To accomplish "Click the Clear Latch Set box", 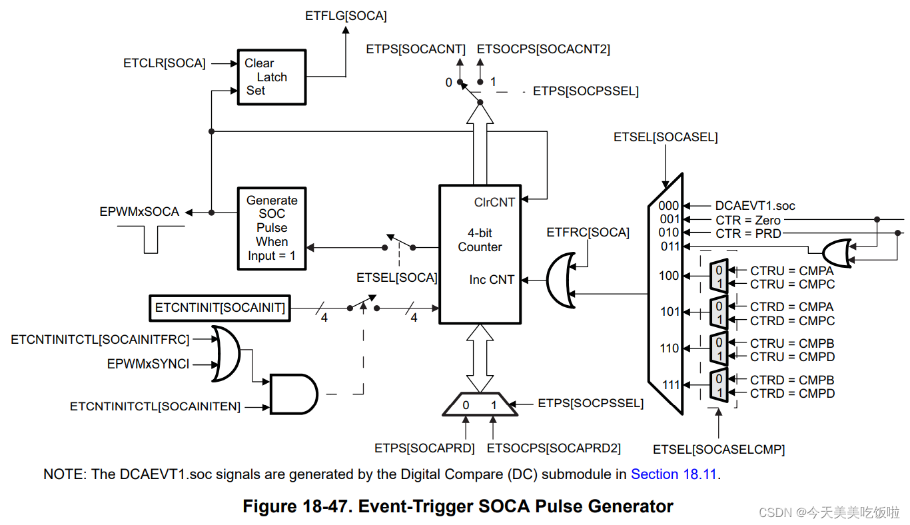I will tap(272, 77).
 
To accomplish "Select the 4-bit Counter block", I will tap(479, 255).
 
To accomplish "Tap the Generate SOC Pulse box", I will tap(272, 228).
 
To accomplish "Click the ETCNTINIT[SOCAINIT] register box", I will tap(220, 308).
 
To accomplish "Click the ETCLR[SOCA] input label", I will tap(165, 63).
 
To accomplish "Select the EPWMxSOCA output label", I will tap(139, 212).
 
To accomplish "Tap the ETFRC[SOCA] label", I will tap(588, 233).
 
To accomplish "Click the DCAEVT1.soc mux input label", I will tap(755, 206).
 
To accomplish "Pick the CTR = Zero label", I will tap(748, 220).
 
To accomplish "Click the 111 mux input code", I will tap(669, 384).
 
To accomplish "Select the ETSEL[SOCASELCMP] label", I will tap(719, 450).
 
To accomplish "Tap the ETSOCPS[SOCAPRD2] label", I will tap(554, 448).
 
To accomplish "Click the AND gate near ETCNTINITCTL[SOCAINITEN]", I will tap(294, 393).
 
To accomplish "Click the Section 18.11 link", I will tap(675, 474).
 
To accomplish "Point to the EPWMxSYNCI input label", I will tap(148, 364).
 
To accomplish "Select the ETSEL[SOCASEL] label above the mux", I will tap(666, 137).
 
